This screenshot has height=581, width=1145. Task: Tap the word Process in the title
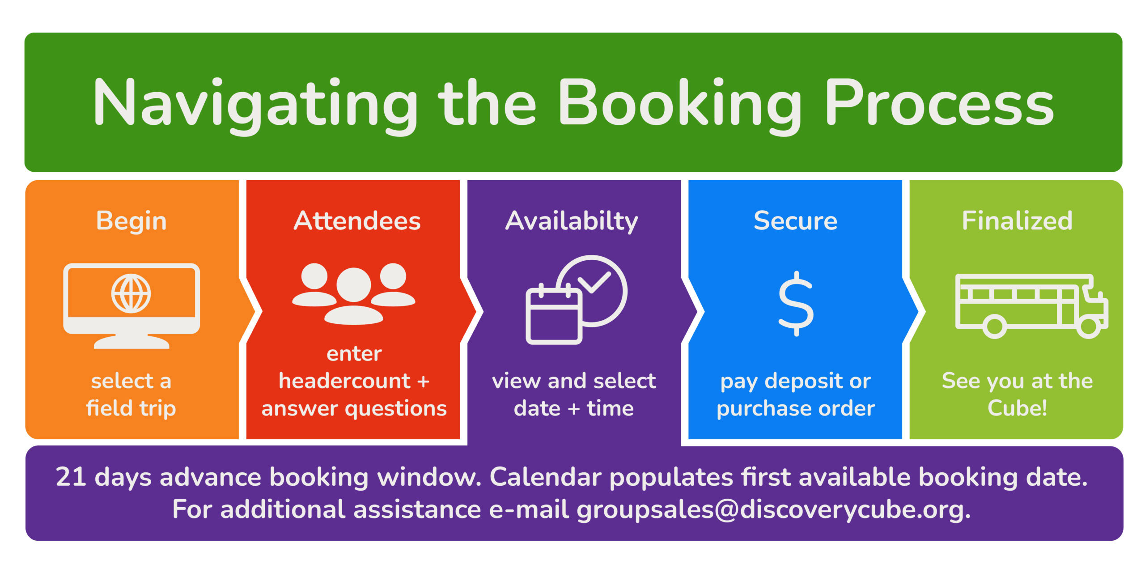tap(939, 103)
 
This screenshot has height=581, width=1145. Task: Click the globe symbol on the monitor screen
tap(131, 293)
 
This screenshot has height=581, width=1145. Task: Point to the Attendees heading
tap(357, 221)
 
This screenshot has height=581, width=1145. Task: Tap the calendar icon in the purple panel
tap(554, 314)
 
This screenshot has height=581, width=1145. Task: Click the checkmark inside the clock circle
tap(594, 282)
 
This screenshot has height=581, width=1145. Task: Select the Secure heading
tap(795, 221)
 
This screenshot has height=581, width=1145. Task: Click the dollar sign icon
tap(796, 304)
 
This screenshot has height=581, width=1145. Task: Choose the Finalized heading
tap(1017, 221)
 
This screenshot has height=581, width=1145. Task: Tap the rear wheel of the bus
tap(995, 326)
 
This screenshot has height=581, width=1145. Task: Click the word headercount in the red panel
tap(344, 381)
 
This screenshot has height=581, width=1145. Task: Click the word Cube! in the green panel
tap(1017, 408)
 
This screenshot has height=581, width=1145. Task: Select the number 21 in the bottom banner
tap(71, 477)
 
